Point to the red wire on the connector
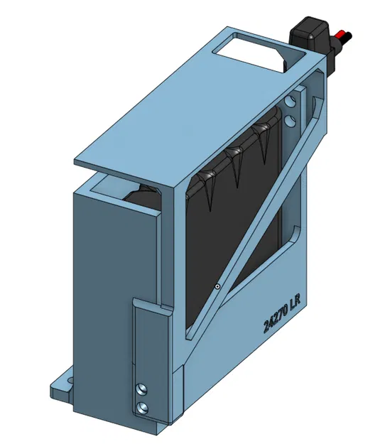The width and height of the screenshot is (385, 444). click(x=345, y=33)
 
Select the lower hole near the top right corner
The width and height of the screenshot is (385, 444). click(x=291, y=121)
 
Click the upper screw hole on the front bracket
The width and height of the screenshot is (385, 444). click(x=143, y=388)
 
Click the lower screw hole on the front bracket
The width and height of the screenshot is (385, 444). click(x=144, y=407)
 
